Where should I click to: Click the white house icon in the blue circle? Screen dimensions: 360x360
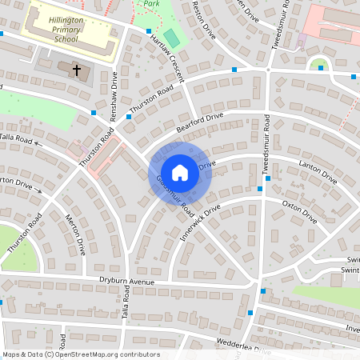click(x=180, y=172)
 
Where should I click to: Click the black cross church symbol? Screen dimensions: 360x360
click(x=78, y=70)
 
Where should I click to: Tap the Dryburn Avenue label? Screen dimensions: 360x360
click(x=126, y=281)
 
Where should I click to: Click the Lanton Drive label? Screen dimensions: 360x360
click(x=318, y=173)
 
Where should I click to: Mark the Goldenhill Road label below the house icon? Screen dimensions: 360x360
click(x=178, y=196)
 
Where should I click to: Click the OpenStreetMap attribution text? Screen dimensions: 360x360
click(x=80, y=354)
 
